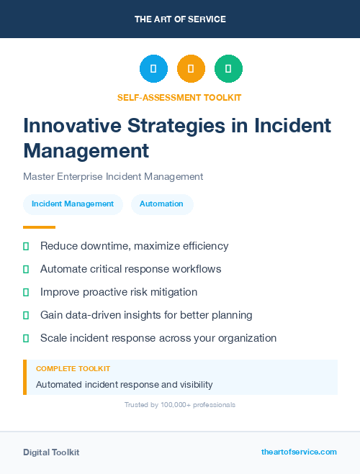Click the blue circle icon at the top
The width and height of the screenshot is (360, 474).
(153, 69)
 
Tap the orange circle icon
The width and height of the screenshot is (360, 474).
(191, 69)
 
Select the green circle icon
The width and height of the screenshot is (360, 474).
(228, 69)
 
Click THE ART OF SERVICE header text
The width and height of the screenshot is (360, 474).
(180, 19)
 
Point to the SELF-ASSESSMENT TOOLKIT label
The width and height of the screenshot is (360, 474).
(179, 97)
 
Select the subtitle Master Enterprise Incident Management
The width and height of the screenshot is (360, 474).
(113, 176)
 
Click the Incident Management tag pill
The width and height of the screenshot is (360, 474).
(73, 204)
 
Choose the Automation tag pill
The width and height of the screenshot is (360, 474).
(161, 204)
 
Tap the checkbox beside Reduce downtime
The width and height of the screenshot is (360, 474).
(26, 246)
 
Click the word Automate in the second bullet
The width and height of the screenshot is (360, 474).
(63, 269)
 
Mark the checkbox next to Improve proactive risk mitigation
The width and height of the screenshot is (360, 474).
(26, 292)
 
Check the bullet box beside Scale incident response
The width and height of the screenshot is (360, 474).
(26, 338)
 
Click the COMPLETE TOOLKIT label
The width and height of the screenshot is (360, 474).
(68, 368)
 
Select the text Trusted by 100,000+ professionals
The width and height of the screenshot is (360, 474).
(180, 405)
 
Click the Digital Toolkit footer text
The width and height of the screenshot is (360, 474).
(51, 452)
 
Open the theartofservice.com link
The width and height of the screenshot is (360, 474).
(299, 452)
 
